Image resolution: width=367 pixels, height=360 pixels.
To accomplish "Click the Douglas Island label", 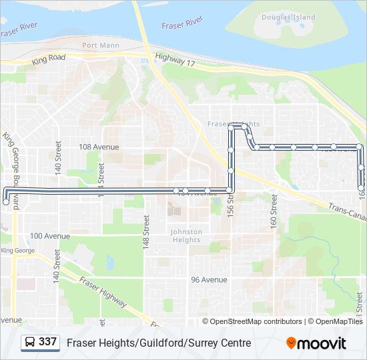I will click(x=288, y=17).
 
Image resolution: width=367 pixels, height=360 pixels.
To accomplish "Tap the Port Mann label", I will click(x=99, y=45).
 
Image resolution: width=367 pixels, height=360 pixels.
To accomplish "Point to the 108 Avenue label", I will click(x=99, y=147).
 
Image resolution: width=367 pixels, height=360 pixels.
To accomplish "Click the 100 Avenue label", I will click(x=50, y=236).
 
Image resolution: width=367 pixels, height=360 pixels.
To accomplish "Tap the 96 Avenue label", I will click(x=209, y=280).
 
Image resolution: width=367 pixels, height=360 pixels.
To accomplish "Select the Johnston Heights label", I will click(x=186, y=236).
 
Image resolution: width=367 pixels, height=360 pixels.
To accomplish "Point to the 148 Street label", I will click(x=145, y=232).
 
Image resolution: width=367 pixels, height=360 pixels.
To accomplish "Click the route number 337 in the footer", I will click(x=47, y=342).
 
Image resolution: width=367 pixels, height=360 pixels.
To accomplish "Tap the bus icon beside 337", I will click(x=30, y=343).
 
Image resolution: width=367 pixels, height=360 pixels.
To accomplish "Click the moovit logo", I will click(x=316, y=343).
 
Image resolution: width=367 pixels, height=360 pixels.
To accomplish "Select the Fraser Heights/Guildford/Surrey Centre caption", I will click(x=159, y=343).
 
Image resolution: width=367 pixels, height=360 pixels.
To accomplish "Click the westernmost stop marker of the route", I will click(x=6, y=201).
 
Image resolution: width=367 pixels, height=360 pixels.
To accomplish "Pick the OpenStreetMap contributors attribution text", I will click(x=256, y=321).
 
